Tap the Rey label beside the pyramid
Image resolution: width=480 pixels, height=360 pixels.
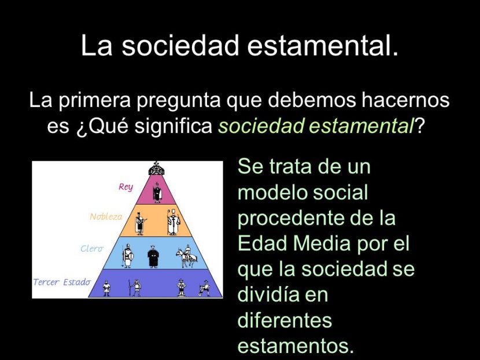126,187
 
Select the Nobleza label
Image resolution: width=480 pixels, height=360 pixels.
106,217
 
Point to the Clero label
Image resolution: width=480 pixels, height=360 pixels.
92,248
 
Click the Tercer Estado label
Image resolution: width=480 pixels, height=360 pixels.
62,282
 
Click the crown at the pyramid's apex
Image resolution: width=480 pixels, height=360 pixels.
156,169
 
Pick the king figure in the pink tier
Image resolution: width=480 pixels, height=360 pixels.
157,192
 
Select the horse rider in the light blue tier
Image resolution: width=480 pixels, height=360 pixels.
186,256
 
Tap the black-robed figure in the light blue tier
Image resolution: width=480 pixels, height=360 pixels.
153,257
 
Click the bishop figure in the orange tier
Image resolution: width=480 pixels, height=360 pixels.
173,222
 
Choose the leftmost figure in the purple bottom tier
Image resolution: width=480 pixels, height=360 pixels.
106,288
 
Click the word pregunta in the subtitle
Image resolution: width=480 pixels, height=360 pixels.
179,101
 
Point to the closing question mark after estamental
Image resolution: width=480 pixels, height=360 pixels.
419,125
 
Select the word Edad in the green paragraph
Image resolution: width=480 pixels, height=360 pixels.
263,243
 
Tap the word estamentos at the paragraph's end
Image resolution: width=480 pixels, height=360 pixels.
296,346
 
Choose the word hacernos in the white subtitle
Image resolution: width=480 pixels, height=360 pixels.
405,100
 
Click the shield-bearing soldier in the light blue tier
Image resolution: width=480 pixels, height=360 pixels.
127,257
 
